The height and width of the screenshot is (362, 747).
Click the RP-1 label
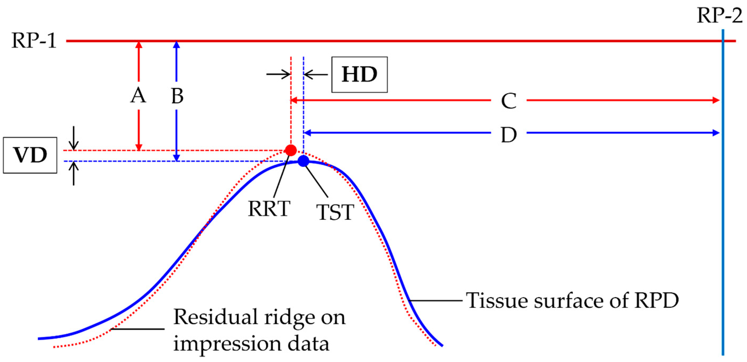coord(34,41)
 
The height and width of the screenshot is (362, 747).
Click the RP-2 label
coord(719,15)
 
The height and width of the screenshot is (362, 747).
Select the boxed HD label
coord(359,75)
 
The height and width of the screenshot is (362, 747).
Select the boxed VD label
coord(30,155)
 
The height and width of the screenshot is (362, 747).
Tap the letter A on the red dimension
coord(138,95)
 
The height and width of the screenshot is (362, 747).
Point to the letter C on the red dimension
coord(509,101)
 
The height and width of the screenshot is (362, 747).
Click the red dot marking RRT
coord(291,150)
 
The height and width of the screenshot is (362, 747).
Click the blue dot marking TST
coord(303,161)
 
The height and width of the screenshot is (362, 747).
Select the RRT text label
coord(269,209)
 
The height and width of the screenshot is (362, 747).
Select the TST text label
coord(335,212)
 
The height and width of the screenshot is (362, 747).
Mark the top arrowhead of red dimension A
coord(139,44)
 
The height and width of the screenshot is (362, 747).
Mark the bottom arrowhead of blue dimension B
coord(177,158)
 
